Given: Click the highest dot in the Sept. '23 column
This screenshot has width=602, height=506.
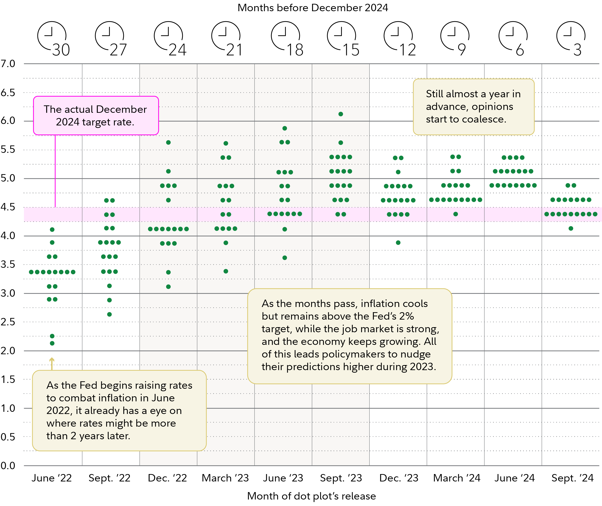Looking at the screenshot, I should (341, 114).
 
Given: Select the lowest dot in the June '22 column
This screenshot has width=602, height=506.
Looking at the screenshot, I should (52, 343).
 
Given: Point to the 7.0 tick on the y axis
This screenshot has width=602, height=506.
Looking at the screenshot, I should (8, 64).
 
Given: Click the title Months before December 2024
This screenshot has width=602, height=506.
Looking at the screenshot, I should (313, 8).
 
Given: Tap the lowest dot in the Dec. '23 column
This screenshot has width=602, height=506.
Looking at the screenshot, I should (398, 243).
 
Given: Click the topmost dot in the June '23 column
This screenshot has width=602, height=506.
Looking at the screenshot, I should (285, 128).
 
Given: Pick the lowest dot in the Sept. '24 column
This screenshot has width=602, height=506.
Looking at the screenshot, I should (571, 229).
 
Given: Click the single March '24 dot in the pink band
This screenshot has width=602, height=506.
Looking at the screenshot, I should (455, 214).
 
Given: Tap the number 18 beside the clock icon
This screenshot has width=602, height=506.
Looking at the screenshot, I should (295, 50).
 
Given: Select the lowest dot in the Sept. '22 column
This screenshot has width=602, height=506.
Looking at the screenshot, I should (109, 314).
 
